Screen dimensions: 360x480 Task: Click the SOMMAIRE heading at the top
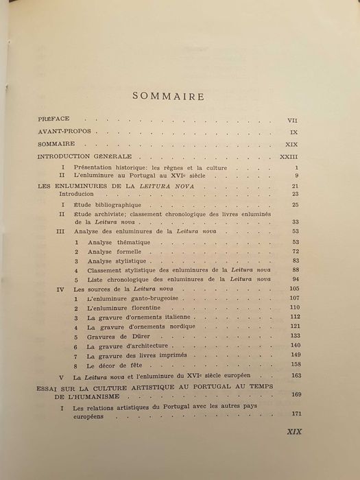pos(181,96)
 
